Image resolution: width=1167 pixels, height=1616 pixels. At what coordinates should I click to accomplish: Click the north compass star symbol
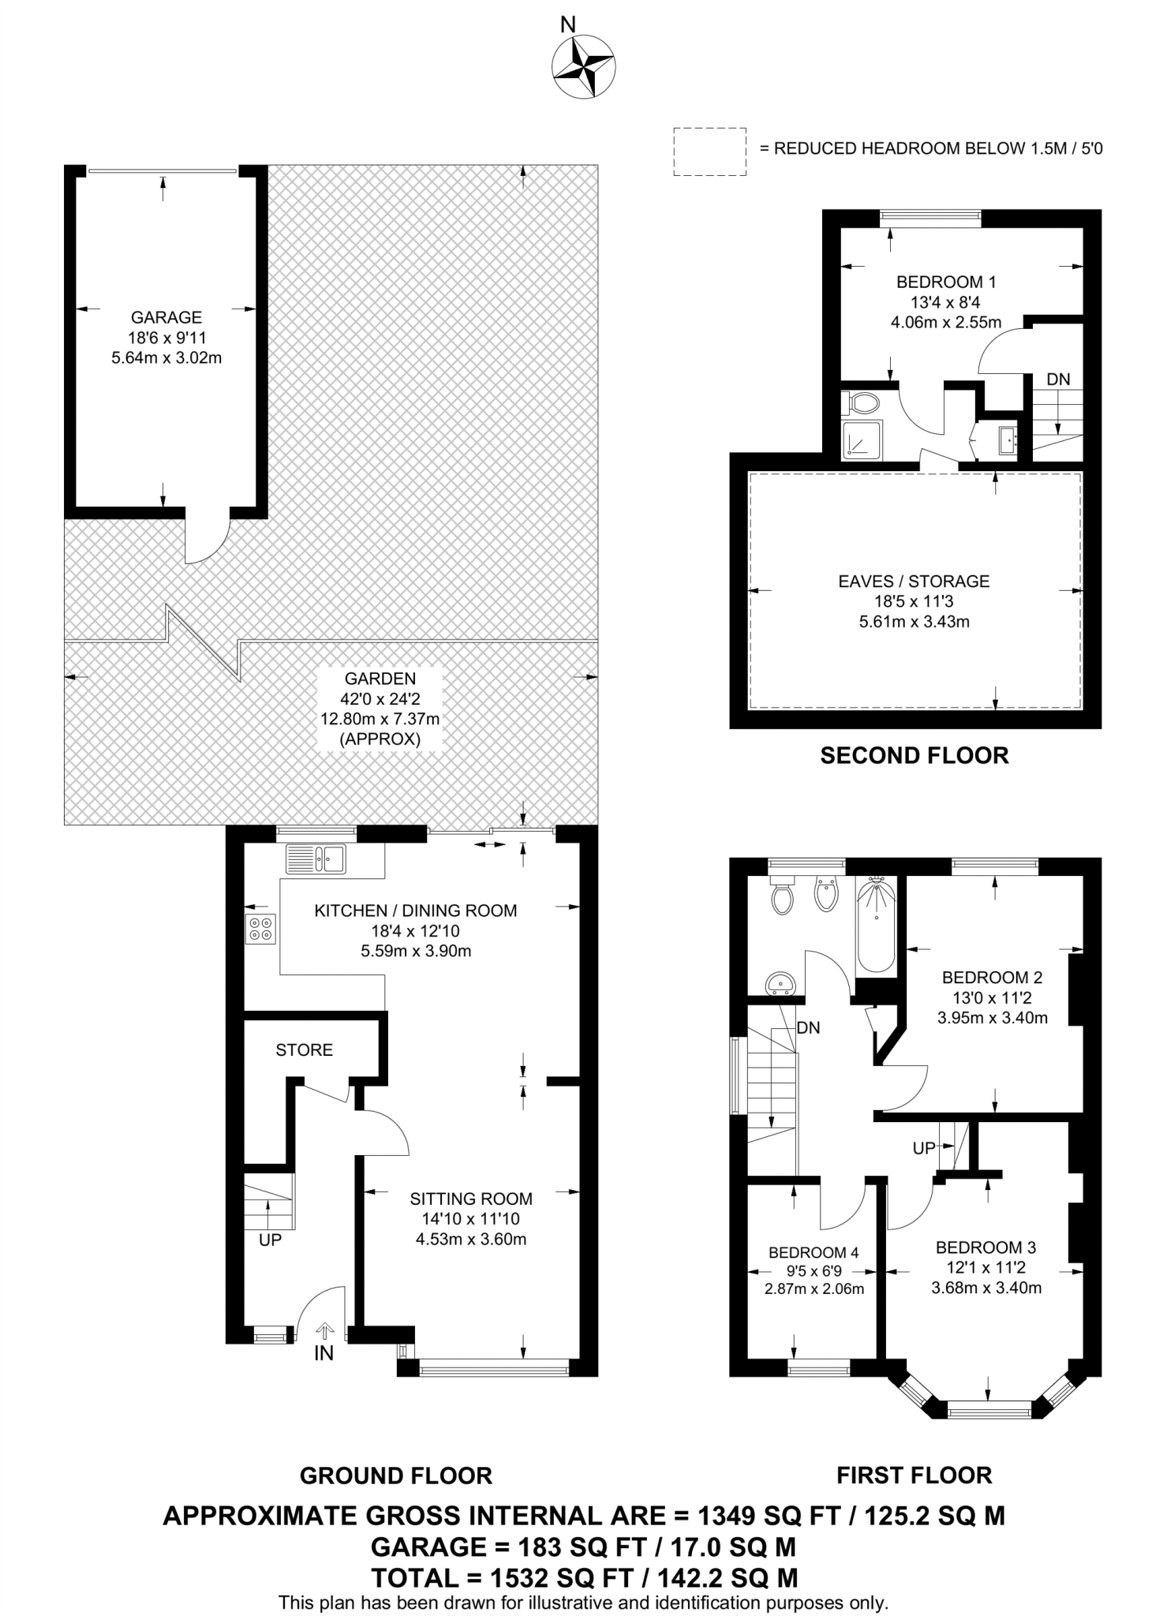(x=584, y=69)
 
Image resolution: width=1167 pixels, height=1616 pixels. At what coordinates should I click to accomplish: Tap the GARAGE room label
(x=166, y=317)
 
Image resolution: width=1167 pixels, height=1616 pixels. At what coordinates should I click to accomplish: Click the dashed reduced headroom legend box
(x=709, y=151)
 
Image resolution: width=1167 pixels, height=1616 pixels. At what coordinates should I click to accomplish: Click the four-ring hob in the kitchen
(x=261, y=928)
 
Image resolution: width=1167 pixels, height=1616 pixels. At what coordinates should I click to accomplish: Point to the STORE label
(x=304, y=1049)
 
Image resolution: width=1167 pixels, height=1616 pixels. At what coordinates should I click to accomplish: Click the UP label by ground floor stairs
(x=270, y=1240)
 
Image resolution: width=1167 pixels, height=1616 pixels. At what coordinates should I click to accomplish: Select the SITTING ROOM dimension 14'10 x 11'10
(x=470, y=1219)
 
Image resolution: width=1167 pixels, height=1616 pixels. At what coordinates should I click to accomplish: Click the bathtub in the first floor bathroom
(x=876, y=927)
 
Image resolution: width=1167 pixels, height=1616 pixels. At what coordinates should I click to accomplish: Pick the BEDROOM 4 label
(x=814, y=1252)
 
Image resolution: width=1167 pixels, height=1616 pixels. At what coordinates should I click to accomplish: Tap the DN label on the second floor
(x=1058, y=380)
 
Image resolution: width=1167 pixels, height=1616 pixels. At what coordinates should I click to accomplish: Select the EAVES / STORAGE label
(x=914, y=582)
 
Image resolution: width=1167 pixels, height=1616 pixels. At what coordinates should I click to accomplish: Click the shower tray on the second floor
(x=862, y=440)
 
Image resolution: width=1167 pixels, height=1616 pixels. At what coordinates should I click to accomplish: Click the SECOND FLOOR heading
(x=914, y=756)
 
